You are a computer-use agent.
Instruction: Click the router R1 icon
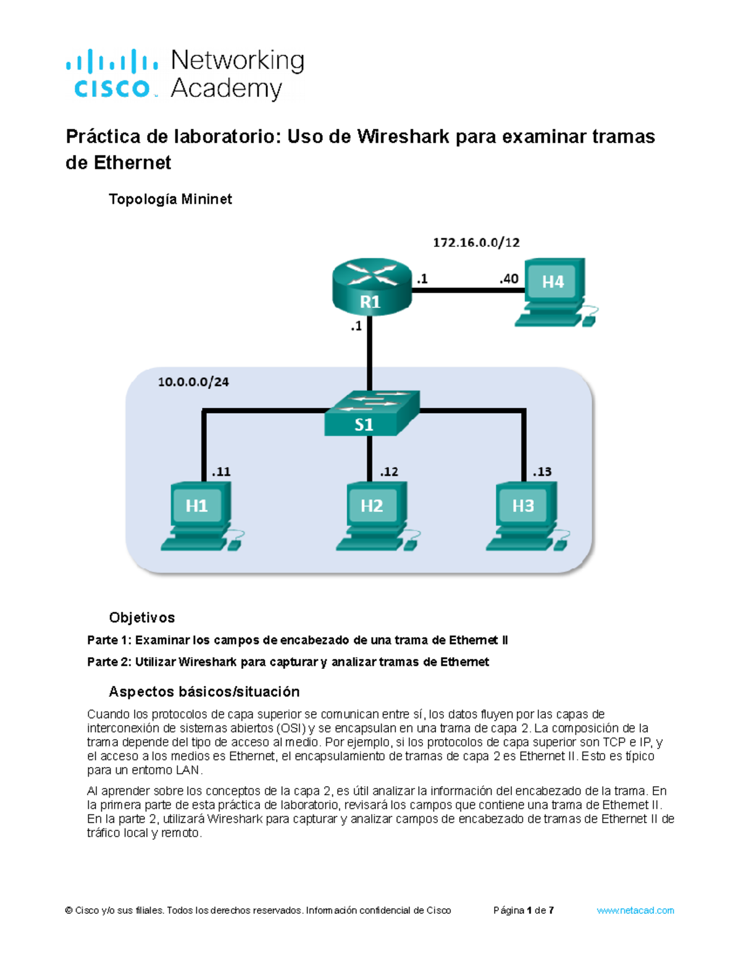click(371, 287)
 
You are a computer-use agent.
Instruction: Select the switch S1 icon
click(371, 414)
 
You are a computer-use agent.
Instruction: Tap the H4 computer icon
click(553, 292)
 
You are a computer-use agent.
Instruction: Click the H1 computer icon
click(199, 516)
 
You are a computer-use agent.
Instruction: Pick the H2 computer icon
click(374, 516)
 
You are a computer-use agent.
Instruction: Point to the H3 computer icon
click(525, 516)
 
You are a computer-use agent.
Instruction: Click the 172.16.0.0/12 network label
click(476, 243)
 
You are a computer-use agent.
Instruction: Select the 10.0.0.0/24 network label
click(193, 382)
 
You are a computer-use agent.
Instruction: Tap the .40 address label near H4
click(509, 279)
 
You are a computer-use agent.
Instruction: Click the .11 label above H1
click(221, 472)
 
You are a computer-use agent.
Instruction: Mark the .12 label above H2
click(389, 472)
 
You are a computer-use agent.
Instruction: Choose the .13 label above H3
click(542, 472)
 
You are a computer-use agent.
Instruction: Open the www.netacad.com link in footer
click(635, 910)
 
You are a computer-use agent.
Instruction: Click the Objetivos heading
click(141, 618)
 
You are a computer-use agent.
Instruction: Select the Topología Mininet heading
click(170, 199)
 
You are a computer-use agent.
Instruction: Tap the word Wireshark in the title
click(403, 136)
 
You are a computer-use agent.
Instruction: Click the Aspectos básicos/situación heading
click(204, 692)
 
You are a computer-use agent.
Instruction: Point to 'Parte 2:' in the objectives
click(109, 662)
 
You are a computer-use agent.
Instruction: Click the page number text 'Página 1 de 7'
click(524, 910)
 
